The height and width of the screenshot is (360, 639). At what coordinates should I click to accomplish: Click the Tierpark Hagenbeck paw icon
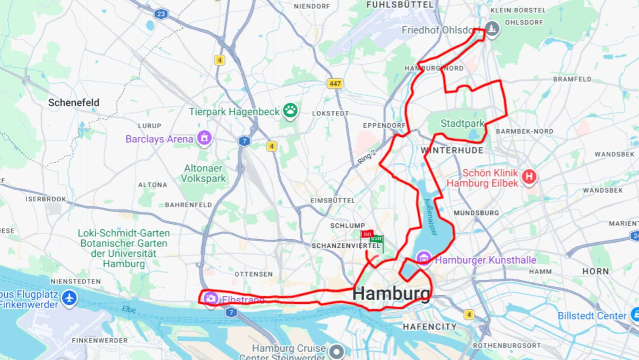[290, 110]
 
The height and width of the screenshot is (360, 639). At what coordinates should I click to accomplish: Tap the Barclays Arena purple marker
[204, 138]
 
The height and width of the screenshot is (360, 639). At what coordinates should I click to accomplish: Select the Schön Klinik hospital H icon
[529, 176]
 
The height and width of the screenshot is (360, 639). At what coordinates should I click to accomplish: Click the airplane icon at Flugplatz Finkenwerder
[69, 298]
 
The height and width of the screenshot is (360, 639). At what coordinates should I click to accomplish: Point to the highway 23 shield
[161, 14]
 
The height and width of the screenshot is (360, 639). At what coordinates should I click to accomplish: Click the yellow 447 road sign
[335, 84]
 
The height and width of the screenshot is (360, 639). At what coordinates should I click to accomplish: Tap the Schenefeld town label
[74, 103]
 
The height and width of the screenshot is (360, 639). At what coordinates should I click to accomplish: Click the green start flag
[377, 239]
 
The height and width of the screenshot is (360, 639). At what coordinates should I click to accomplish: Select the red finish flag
[367, 234]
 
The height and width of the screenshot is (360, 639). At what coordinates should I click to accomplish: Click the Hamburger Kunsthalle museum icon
[423, 258]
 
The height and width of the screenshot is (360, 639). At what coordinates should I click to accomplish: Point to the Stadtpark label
[462, 123]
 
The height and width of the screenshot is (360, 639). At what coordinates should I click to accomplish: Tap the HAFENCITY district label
[430, 327]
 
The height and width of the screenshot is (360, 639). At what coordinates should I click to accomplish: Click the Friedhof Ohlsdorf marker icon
[492, 29]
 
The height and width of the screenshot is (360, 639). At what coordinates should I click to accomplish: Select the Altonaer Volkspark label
[203, 173]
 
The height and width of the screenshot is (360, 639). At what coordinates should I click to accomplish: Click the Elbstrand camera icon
[210, 298]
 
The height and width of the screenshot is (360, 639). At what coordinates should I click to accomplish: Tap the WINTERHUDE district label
[452, 150]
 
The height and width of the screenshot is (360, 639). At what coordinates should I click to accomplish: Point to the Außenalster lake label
[431, 217]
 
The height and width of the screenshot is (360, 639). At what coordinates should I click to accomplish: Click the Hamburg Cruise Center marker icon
[337, 351]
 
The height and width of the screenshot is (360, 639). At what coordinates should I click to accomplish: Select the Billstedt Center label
[592, 316]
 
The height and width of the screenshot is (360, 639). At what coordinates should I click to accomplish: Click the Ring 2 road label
[366, 157]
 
